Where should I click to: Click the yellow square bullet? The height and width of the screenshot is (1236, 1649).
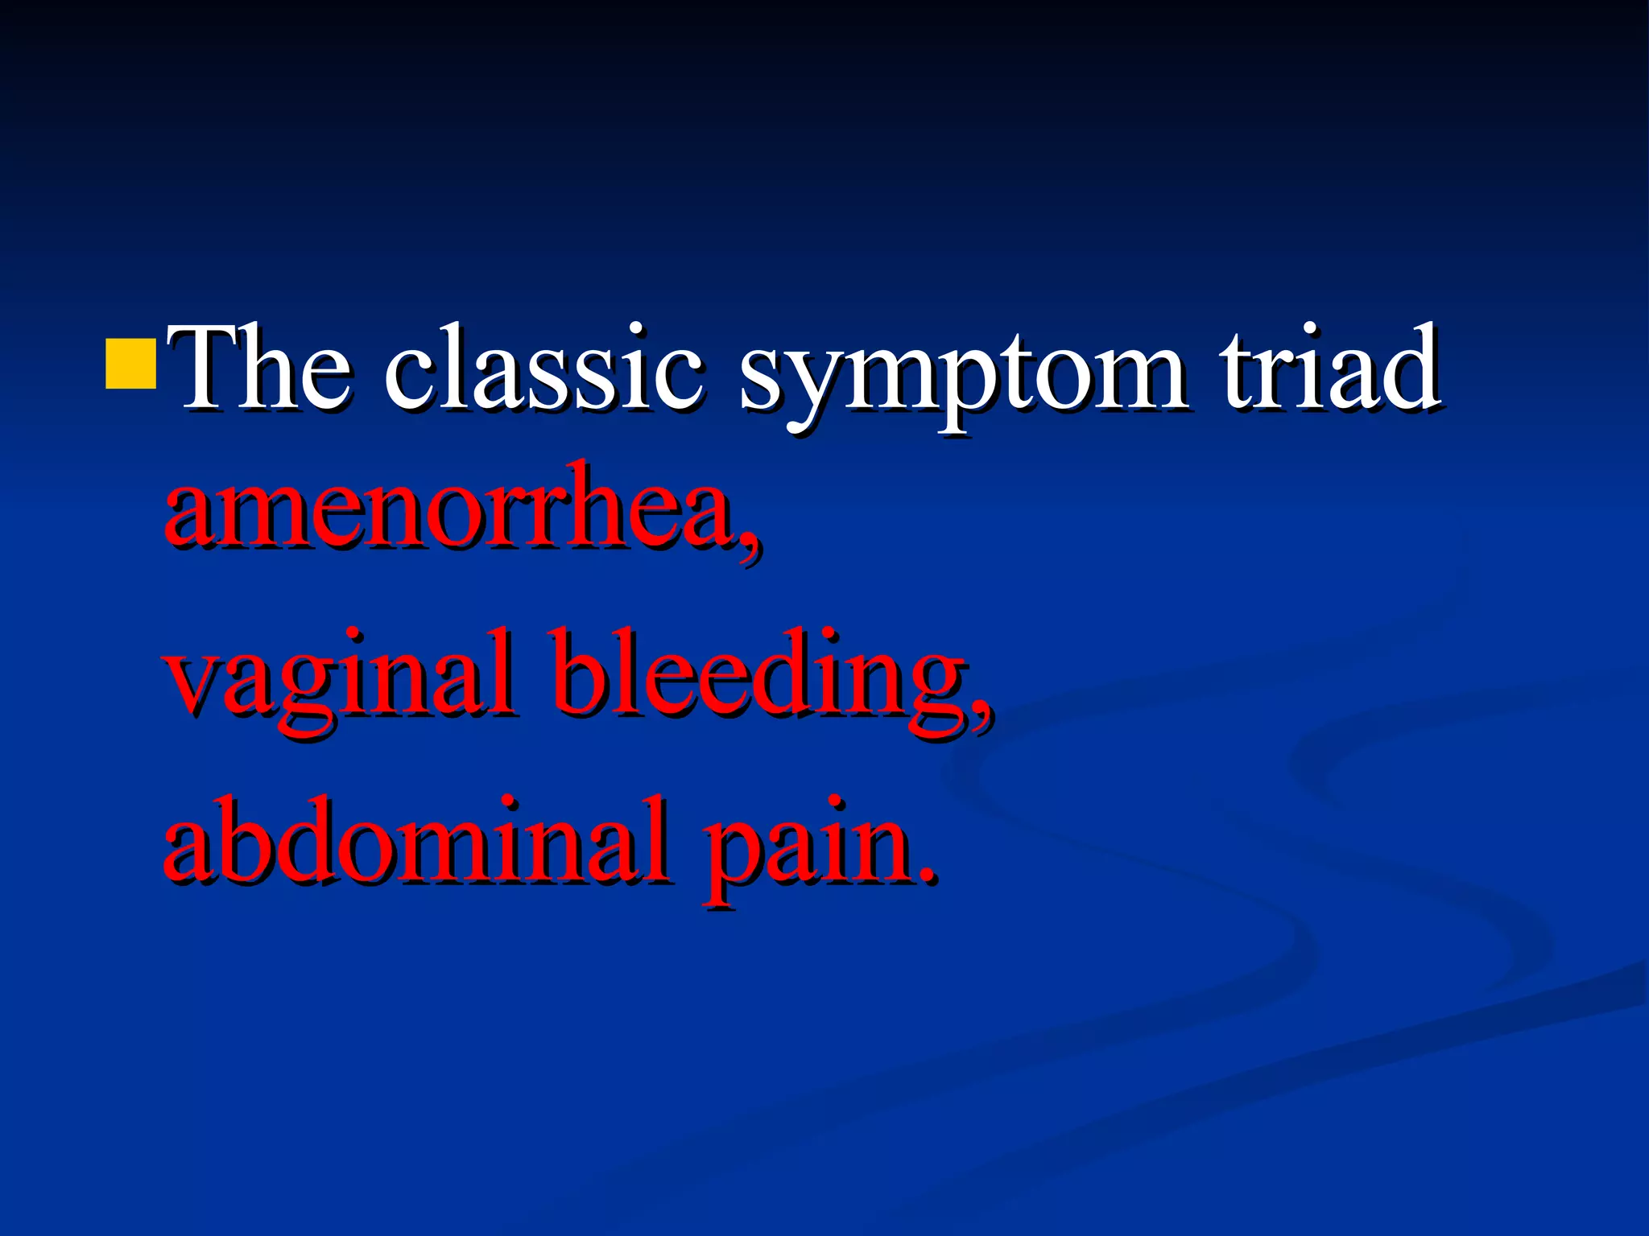point(130,364)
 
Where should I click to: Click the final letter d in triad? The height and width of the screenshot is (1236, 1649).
point(1409,367)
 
